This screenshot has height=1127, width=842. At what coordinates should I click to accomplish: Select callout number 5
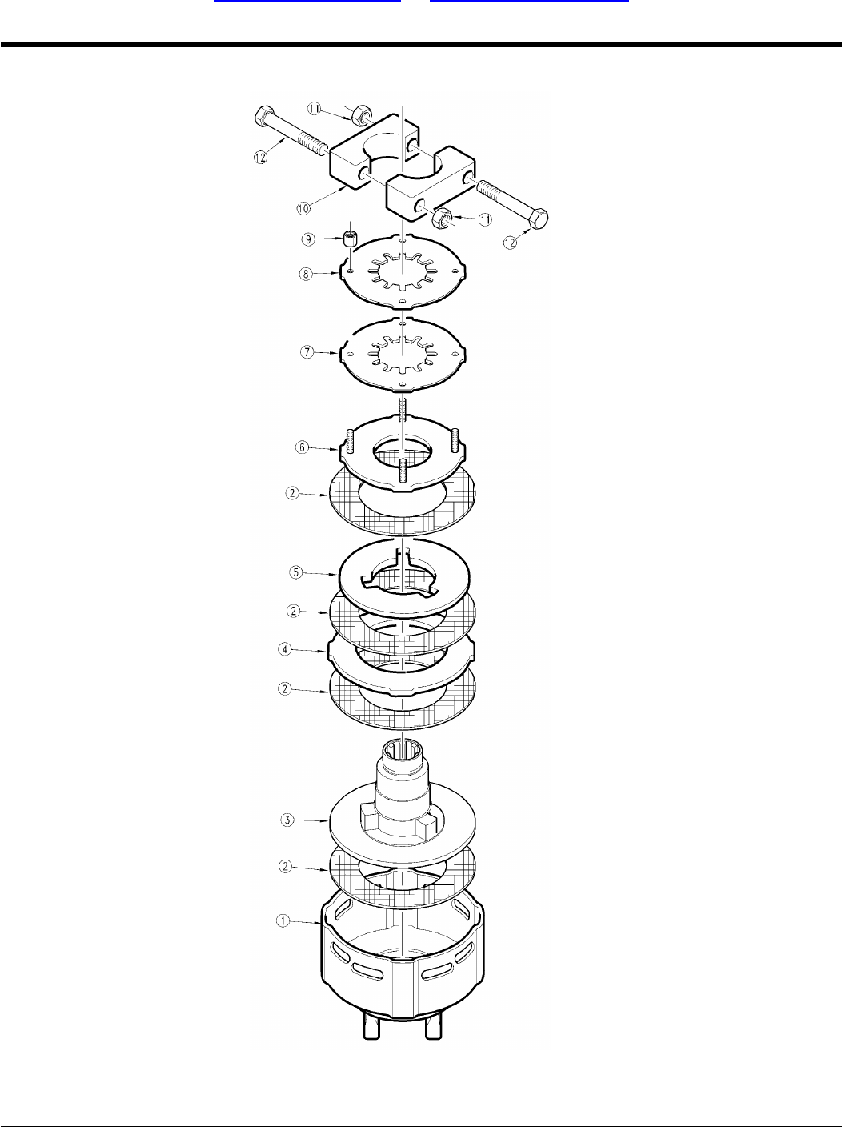(295, 572)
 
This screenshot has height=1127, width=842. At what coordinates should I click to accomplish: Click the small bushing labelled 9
(349, 238)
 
